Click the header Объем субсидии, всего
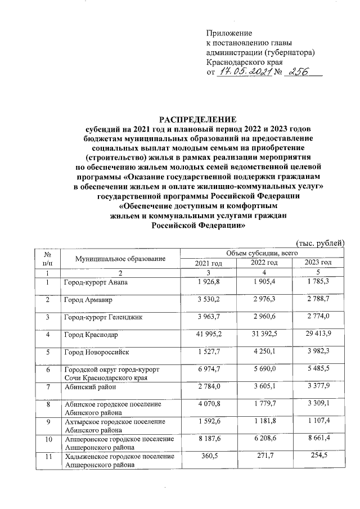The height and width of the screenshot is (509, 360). [x=261, y=254]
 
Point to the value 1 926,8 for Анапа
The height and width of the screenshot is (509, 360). [x=208, y=281]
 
